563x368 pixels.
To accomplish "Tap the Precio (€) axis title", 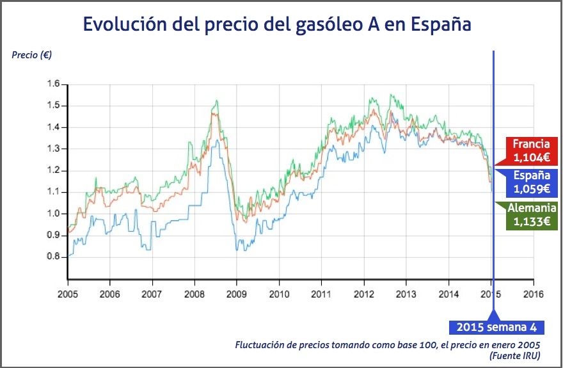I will pyautogui.click(x=32, y=54).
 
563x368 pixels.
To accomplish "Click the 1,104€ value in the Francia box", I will pyautogui.click(x=531, y=157).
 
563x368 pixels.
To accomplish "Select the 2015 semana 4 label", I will pyautogui.click(x=496, y=327).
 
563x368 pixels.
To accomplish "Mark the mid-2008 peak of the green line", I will pyautogui.click(x=217, y=100).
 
